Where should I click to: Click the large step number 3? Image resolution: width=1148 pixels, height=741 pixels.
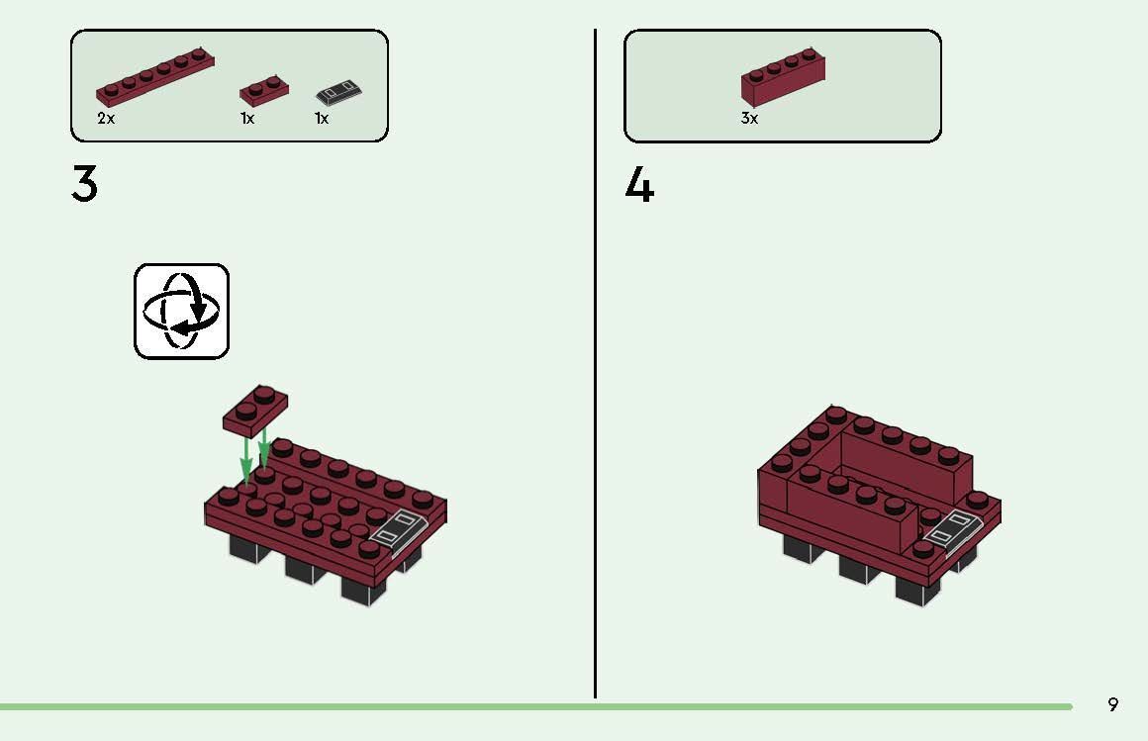coord(85,184)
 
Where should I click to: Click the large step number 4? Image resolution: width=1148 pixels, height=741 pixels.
coord(639,185)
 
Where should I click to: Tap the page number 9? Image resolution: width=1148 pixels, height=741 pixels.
coord(1113,704)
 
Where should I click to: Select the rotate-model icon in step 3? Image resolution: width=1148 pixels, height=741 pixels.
coord(182,311)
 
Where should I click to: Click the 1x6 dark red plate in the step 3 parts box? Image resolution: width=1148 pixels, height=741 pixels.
coord(155,77)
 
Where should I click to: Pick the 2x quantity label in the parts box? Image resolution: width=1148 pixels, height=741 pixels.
coord(106,119)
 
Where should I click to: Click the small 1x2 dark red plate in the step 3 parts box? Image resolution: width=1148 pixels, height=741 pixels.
coord(264,90)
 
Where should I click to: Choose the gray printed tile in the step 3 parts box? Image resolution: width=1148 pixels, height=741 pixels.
coord(338,94)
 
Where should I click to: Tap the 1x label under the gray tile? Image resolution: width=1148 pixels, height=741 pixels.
coord(322,119)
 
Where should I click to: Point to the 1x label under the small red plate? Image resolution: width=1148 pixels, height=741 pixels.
coord(247,119)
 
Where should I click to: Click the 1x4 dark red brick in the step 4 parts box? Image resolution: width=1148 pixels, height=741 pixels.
coord(783,79)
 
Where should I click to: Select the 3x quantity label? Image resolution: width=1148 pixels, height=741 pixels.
coord(749,119)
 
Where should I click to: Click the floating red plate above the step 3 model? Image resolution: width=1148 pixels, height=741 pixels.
coord(255,411)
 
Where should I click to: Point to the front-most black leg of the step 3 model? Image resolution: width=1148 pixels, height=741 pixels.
coord(364,588)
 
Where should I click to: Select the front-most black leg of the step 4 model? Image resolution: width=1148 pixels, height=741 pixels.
coord(917,589)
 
